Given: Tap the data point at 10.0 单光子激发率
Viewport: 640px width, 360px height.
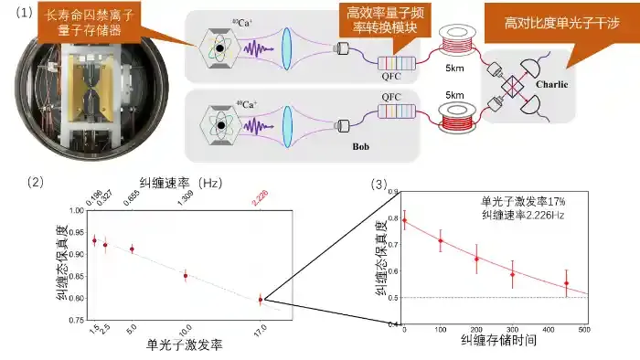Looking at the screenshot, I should tap(186, 275).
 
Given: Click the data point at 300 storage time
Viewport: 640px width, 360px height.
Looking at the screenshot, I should tap(512, 273).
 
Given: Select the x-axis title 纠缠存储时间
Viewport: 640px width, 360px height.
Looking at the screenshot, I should tap(496, 341).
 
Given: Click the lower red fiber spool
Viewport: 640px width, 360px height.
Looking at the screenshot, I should tap(457, 120).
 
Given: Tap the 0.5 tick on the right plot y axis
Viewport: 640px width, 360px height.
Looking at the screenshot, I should tap(391, 298).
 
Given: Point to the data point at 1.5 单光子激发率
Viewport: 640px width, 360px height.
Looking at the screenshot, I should tap(93, 240).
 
